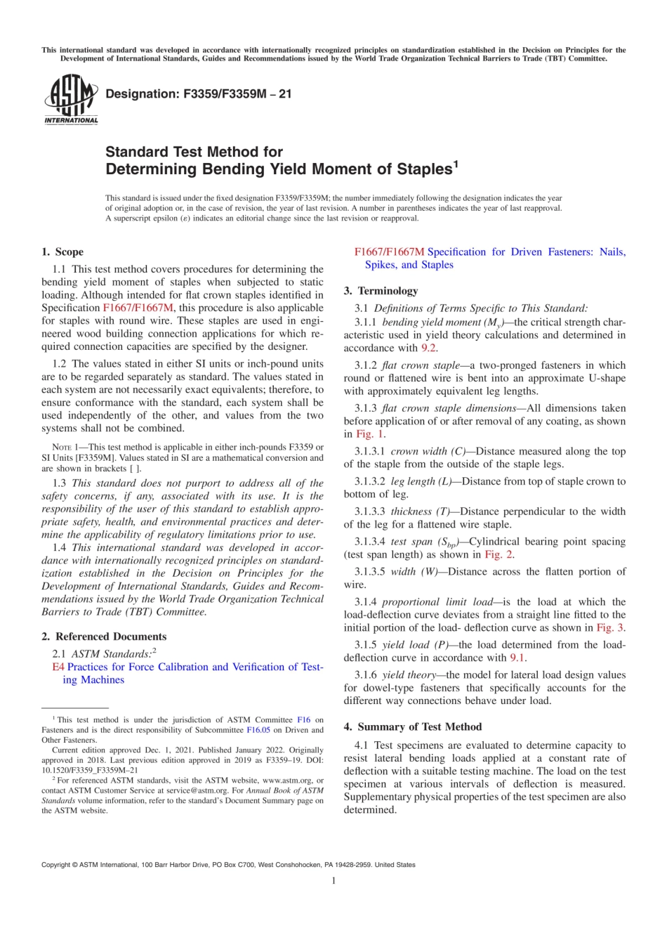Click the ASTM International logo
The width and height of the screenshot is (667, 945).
pyautogui.click(x=71, y=100)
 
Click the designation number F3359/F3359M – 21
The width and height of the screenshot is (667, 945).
pyautogui.click(x=199, y=93)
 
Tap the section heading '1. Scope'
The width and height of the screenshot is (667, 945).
pyautogui.click(x=62, y=252)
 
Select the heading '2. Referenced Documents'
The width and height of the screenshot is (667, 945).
pyautogui.click(x=104, y=637)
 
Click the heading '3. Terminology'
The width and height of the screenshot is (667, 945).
pyautogui.click(x=381, y=291)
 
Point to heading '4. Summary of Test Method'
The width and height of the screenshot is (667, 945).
pyautogui.click(x=413, y=726)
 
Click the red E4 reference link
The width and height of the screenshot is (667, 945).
pyautogui.click(x=58, y=667)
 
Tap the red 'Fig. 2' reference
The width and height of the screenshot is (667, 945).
pyautogui.click(x=498, y=554)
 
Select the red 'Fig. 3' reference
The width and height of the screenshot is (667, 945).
pyautogui.click(x=610, y=627)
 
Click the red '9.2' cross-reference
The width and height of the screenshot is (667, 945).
pyautogui.click(x=428, y=348)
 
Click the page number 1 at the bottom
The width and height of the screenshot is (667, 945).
pyautogui.click(x=333, y=880)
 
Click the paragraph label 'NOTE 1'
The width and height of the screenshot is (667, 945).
pyautogui.click(x=65, y=447)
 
